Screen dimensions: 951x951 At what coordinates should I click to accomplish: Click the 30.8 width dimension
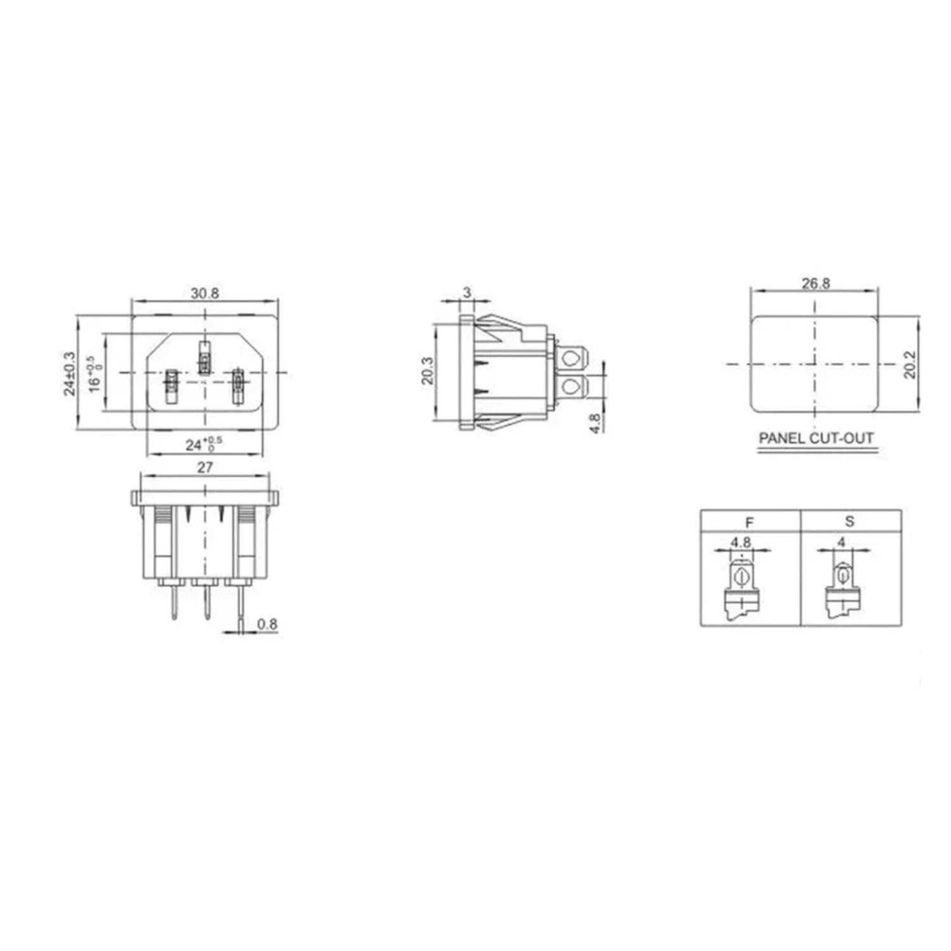pos(205,293)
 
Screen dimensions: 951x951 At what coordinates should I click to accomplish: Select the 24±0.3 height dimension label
pos(69,373)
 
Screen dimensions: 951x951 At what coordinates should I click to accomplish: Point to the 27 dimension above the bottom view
pos(205,467)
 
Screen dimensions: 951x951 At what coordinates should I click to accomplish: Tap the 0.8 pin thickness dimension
pos(267,624)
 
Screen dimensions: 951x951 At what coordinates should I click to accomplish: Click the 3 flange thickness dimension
pos(467,292)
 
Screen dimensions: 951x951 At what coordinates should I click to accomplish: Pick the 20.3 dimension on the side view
pos(427,370)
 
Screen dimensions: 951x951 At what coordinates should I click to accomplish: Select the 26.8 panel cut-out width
pos(815,283)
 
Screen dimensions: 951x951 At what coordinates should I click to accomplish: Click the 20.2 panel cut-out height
pos(910,365)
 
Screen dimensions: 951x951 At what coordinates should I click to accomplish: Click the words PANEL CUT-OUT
pos(816,438)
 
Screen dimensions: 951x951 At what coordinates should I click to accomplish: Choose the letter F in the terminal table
pos(749,522)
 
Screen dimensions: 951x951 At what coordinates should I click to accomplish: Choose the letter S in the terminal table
pos(850,521)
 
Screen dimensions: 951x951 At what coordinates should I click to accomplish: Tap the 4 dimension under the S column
pos(841,542)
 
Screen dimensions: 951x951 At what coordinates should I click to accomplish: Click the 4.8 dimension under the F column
pos(741,542)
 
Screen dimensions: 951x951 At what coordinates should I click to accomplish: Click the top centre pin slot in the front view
pos(204,358)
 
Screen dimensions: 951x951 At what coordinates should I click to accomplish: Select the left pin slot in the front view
pos(171,386)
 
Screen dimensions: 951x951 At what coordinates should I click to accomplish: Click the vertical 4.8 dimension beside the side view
pos(595,423)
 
